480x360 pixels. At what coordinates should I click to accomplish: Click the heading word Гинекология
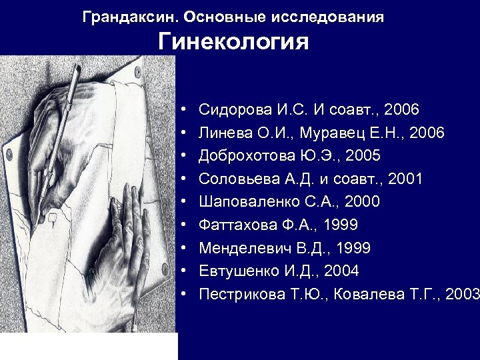(x=233, y=43)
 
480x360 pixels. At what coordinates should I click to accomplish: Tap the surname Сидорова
(x=231, y=109)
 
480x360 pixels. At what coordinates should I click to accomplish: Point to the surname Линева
(x=223, y=133)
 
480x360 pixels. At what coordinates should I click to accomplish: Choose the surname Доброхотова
(x=246, y=156)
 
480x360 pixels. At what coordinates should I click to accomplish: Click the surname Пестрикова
(x=241, y=294)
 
